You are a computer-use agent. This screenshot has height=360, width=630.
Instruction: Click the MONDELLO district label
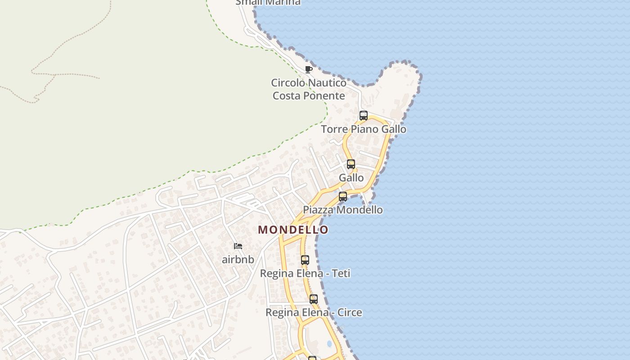[293, 230]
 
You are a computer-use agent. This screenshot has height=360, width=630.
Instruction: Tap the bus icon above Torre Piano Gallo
[364, 116]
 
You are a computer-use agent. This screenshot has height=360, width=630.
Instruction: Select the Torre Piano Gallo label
[364, 129]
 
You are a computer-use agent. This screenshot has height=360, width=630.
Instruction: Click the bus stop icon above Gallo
[351, 164]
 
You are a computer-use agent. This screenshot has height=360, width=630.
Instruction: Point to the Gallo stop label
[351, 178]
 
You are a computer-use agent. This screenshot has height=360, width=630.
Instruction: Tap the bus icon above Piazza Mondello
[343, 197]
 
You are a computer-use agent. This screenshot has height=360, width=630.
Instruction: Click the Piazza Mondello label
[343, 210]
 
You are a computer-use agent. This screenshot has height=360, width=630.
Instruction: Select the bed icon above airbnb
[238, 246]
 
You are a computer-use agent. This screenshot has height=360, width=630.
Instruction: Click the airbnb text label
[238, 260]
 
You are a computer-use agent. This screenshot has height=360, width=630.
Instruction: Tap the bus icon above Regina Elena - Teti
[305, 260]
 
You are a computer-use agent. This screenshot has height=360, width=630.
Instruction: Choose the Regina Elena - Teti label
[305, 273]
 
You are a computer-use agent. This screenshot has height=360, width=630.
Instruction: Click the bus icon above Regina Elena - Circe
[314, 299]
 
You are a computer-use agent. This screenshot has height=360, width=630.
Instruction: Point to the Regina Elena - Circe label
[314, 312]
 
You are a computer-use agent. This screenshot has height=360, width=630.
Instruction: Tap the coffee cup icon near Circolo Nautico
[308, 69]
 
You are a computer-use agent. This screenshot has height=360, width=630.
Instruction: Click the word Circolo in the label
[288, 83]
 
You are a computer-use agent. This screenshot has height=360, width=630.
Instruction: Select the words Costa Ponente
[309, 96]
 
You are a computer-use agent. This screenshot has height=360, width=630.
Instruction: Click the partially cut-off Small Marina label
[268, 2]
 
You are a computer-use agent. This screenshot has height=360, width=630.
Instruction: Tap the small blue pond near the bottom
[329, 344]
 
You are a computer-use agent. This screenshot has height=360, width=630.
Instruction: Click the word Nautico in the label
[327, 83]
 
